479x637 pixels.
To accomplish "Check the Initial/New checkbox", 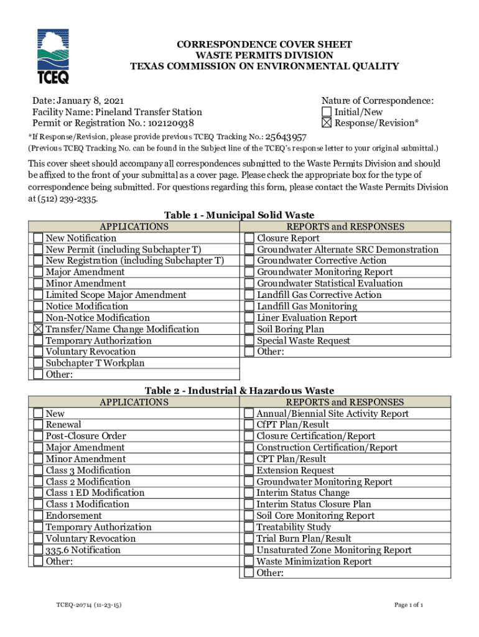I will [x=327, y=112].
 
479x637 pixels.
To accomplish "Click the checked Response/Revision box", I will [x=327, y=123].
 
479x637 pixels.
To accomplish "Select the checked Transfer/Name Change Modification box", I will [x=39, y=329].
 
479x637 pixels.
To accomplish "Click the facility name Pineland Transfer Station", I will [x=149, y=112].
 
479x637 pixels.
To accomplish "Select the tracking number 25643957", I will [x=286, y=137].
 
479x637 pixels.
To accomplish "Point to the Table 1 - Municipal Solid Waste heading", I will [x=240, y=215].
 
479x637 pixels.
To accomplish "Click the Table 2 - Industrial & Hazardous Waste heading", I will [x=240, y=391].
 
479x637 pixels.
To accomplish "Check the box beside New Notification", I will [x=39, y=238].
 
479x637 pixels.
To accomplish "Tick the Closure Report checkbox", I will [x=249, y=238].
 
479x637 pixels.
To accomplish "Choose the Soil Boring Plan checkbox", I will [x=249, y=329].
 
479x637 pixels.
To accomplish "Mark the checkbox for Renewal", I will [x=39, y=425].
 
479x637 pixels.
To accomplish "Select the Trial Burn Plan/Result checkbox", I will [x=249, y=539].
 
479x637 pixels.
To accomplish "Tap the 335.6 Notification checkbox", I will [x=39, y=550].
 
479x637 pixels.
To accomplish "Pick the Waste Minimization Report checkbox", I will [x=249, y=562].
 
